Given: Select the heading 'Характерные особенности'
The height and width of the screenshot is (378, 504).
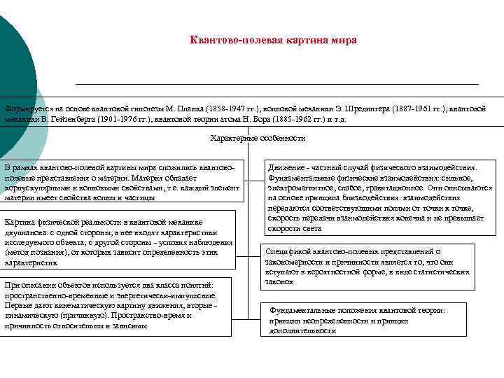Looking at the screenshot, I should pyautogui.click(x=258, y=138).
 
